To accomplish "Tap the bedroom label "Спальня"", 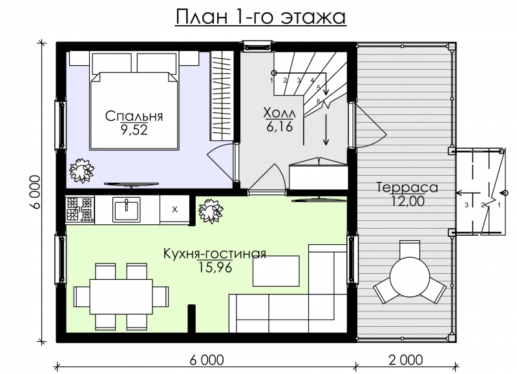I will pos(134,117).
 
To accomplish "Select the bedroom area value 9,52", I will pos(134,129).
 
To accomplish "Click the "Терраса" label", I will pos(406,188).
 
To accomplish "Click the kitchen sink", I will pos(127,209).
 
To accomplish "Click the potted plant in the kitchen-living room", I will pos(211,211).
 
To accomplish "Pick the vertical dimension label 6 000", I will pos(37,192).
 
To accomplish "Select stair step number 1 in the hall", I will pos(272,80).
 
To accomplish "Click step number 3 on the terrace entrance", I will pos(465,205).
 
